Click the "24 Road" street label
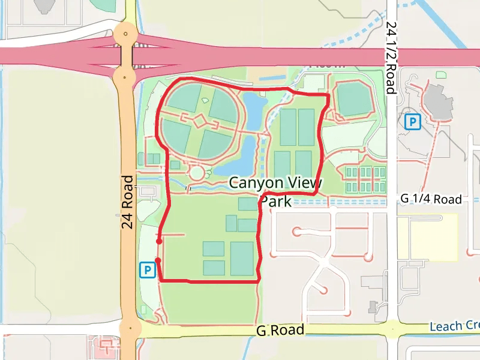pos(127,202)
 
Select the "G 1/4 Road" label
pos(431,199)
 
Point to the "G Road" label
pos(280,331)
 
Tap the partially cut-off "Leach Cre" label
pos(455,326)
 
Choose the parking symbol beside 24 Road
pos(146,270)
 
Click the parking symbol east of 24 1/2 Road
pos(412,122)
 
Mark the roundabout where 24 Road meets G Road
pos(130,329)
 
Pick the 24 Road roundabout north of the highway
pos(125,34)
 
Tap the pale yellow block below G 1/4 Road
pos(427,237)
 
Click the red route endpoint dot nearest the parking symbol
pos(157,260)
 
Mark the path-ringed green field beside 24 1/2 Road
pos(353,99)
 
